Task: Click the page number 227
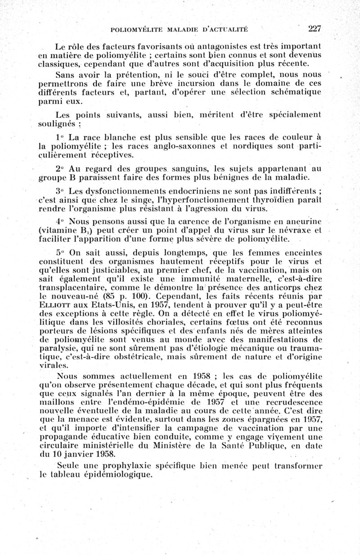[x=315, y=29]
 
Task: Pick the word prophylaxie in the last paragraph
[x=131, y=465]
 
